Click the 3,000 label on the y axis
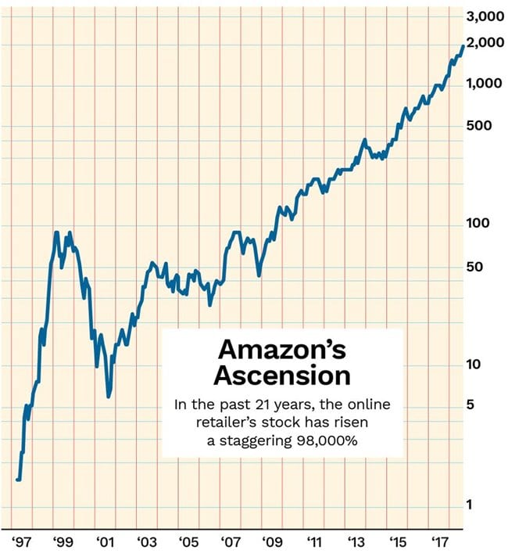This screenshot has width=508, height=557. [x=484, y=16]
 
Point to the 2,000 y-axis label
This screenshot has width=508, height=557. [x=484, y=43]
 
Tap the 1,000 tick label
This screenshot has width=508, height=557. [x=484, y=84]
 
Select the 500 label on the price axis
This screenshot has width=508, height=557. [x=476, y=126]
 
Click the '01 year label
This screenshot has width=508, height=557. [x=102, y=541]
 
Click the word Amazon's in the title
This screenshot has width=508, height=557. [x=281, y=349]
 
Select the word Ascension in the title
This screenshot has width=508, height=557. [x=282, y=376]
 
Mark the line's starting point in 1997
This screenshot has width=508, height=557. [x=17, y=480]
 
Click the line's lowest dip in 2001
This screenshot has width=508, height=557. [x=109, y=396]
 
